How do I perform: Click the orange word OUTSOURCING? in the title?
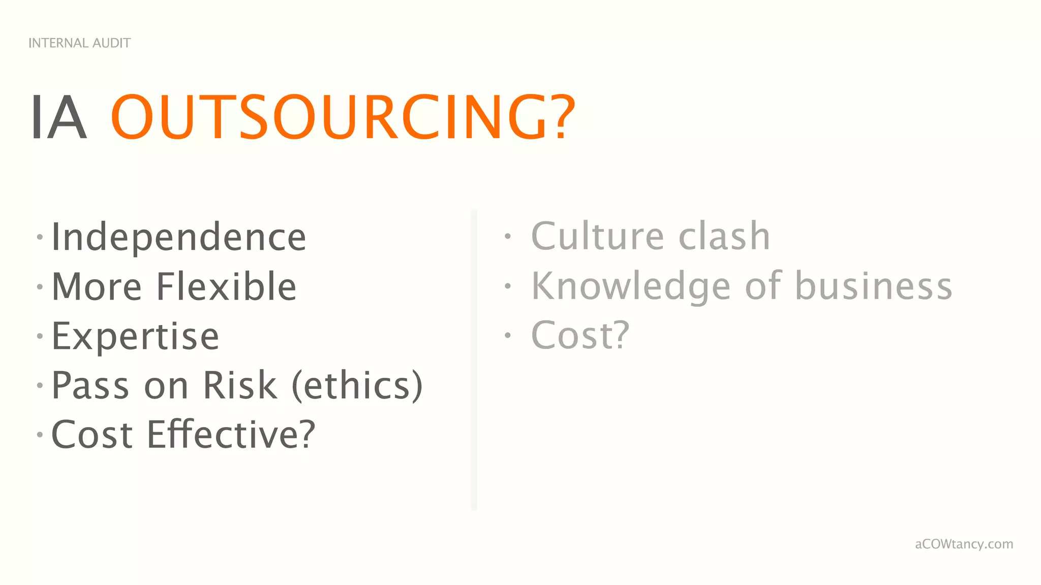343,117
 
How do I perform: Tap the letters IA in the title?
58,117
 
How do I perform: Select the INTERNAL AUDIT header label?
79,43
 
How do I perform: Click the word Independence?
179,237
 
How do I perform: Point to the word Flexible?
226,286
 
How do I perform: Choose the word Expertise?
135,336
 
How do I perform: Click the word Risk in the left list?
240,385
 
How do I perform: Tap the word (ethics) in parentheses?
357,385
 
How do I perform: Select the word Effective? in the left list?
231,435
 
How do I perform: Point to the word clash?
724,236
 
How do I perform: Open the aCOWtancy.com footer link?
964,544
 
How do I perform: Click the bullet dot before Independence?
40,237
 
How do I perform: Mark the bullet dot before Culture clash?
507,236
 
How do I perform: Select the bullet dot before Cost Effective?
40,435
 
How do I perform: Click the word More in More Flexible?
97,286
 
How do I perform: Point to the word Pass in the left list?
91,385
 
